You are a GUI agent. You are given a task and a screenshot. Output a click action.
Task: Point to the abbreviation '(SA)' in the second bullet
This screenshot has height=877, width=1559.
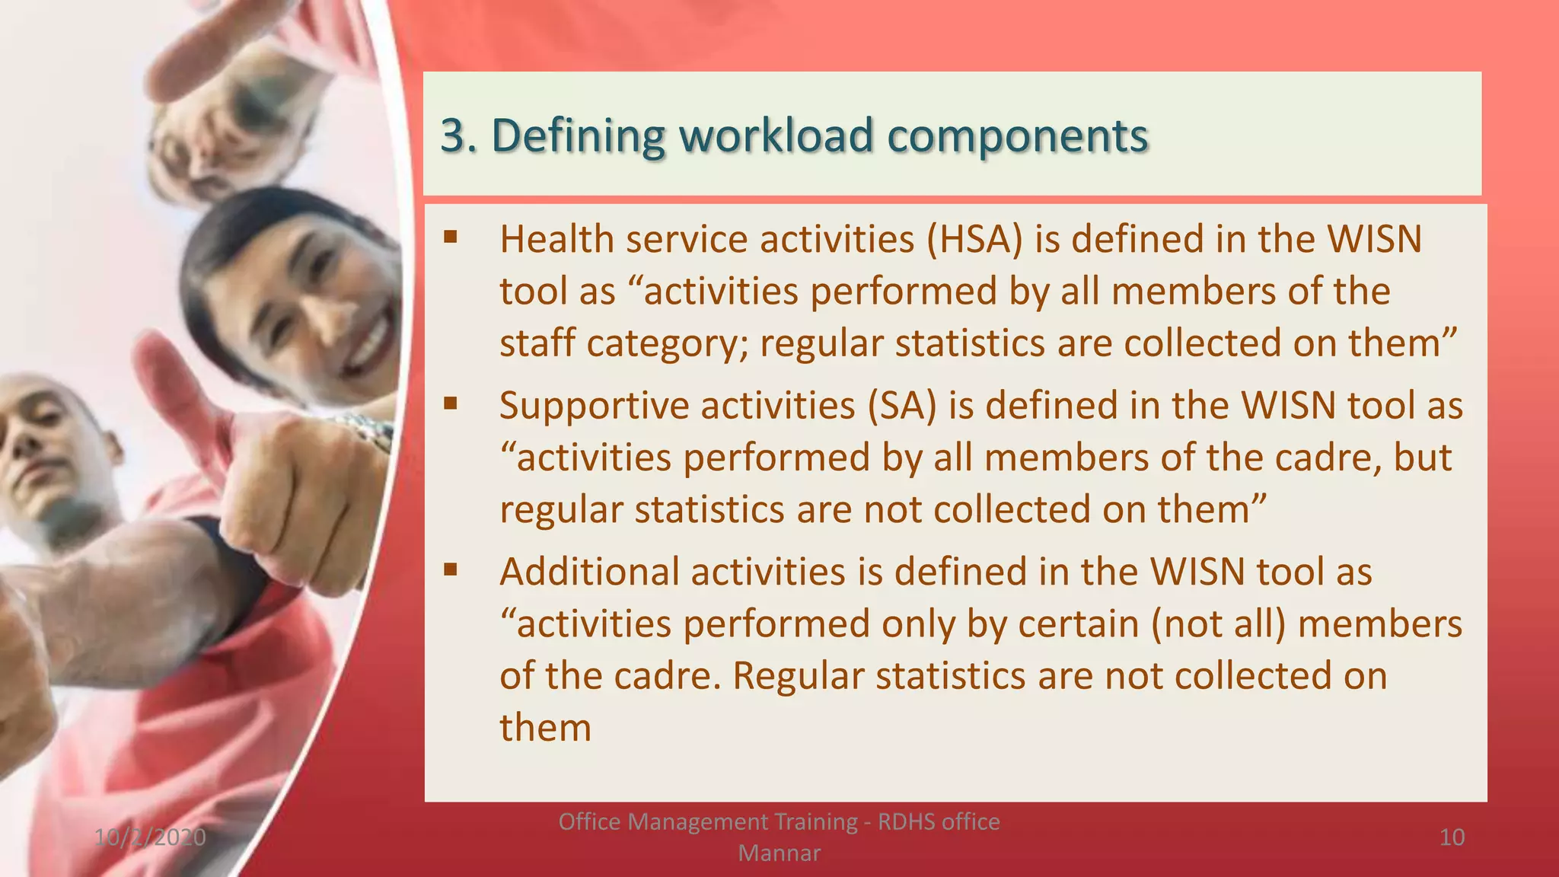(902, 405)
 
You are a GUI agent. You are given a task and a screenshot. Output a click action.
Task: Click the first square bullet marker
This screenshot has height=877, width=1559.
(451, 237)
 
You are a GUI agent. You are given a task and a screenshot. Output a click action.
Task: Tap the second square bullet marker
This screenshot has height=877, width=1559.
(451, 403)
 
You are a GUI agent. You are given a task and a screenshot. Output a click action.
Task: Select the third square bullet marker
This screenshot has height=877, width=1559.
(451, 569)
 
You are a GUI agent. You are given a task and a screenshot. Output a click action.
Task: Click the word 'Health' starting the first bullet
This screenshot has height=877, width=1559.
(556, 239)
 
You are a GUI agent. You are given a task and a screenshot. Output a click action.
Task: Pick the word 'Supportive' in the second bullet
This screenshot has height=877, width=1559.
(594, 405)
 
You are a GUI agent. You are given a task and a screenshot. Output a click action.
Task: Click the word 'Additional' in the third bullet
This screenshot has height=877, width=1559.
(589, 572)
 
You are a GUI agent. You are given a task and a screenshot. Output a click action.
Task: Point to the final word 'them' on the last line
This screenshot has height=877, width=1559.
(545, 727)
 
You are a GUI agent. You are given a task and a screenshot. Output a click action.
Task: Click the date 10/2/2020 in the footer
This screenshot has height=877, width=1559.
(150, 837)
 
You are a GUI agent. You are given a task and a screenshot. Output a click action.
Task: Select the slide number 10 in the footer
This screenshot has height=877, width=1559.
(1452, 837)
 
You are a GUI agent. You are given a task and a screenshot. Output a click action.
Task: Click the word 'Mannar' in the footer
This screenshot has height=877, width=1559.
(779, 853)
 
